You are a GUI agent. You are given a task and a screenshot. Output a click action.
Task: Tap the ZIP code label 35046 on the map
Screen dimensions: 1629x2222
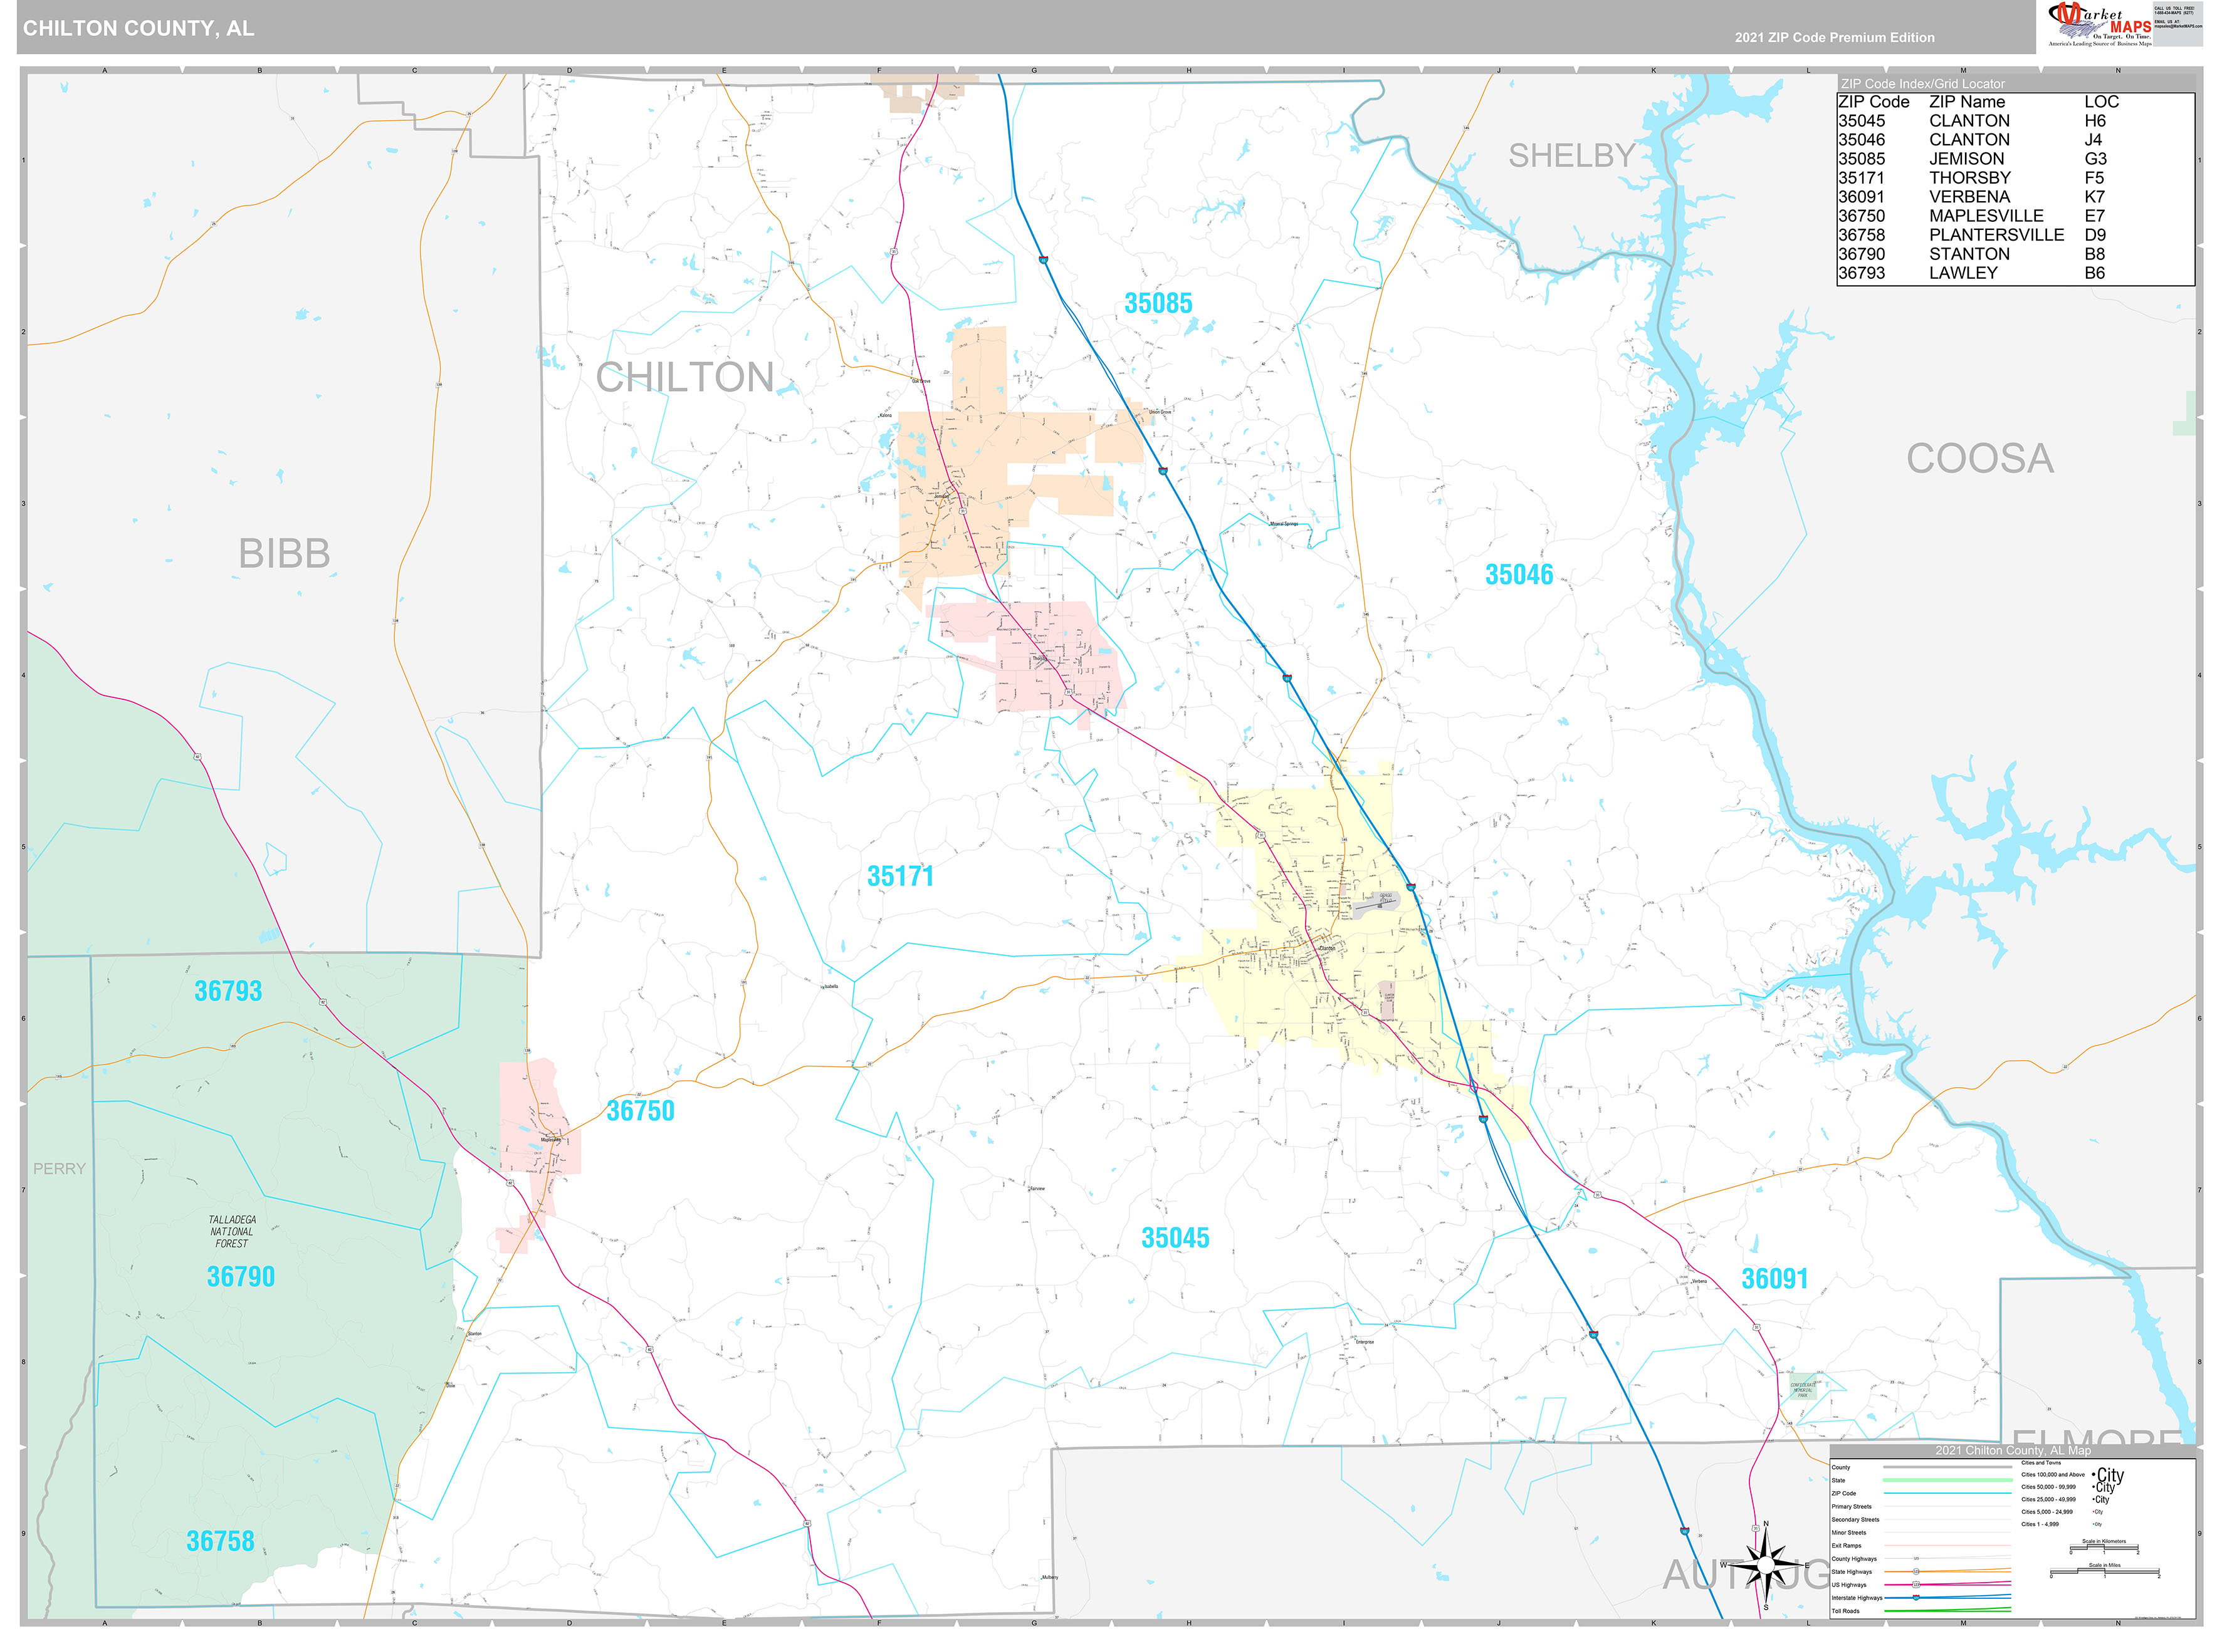tap(1518, 575)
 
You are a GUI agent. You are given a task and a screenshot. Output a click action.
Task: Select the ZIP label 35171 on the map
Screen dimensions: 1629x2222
tap(899, 877)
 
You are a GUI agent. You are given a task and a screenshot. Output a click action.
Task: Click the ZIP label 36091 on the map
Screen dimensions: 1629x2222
tap(1774, 1279)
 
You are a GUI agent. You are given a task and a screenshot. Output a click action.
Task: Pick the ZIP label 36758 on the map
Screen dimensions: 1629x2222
tap(220, 1541)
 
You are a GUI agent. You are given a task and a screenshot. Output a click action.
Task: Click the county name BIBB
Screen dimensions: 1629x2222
tap(284, 554)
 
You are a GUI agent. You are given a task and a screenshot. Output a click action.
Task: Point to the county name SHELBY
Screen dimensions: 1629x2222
tap(1571, 156)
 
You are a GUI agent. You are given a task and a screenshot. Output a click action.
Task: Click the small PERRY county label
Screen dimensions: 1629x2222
tap(59, 1168)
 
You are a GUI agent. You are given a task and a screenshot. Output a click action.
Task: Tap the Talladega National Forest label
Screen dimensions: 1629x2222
tap(232, 1232)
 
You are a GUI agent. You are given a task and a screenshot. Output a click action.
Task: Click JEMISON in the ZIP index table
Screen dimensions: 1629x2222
tap(1966, 159)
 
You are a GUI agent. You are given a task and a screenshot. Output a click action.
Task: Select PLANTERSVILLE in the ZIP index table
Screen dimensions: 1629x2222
tap(1995, 235)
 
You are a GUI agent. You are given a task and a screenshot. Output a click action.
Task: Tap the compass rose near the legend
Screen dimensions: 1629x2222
tap(1765, 1565)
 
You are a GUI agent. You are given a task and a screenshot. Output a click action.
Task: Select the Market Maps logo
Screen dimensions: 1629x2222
tap(2099, 24)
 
